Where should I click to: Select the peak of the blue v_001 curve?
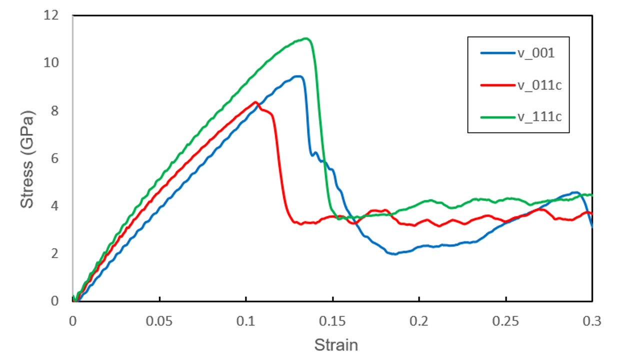click(x=298, y=76)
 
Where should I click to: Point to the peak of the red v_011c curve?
click(x=255, y=102)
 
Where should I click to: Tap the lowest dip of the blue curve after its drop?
click(x=394, y=254)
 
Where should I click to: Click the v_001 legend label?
click(x=536, y=53)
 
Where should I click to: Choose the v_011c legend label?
click(x=539, y=85)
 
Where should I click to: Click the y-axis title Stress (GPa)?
click(x=28, y=158)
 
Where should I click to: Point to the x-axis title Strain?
click(x=335, y=344)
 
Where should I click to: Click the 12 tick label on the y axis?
click(x=51, y=15)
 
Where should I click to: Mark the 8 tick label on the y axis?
click(x=54, y=110)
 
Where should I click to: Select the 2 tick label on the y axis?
click(x=54, y=253)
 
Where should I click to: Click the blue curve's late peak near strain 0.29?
click(x=575, y=192)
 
